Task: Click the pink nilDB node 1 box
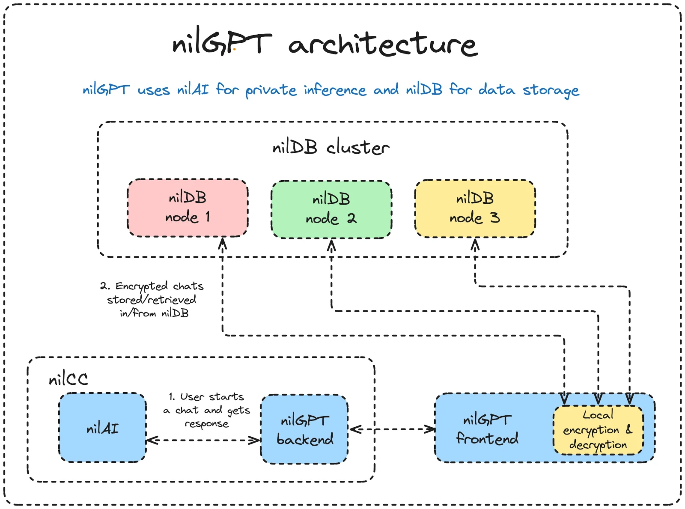click(188, 208)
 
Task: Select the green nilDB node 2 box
click(331, 209)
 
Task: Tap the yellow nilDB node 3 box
click(475, 208)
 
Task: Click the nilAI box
click(102, 428)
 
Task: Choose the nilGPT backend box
click(304, 429)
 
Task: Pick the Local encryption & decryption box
click(598, 430)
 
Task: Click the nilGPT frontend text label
click(487, 429)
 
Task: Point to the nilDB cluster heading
click(331, 147)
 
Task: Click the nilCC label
click(68, 379)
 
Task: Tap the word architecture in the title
click(382, 44)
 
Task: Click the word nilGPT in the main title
click(221, 43)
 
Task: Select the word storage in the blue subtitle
click(551, 90)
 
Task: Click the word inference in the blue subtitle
click(335, 90)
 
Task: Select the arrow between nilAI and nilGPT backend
click(203, 440)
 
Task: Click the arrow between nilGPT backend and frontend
click(392, 429)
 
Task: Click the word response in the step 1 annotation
click(206, 424)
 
